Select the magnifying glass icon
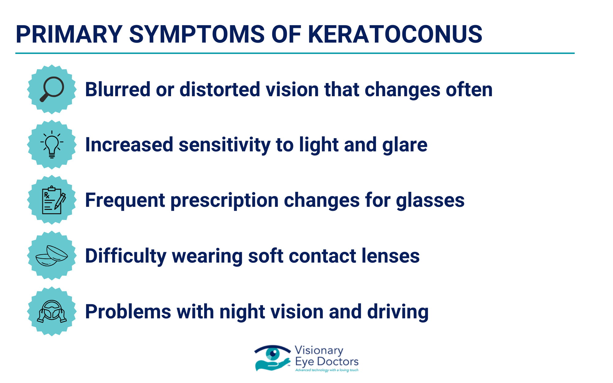tap(52, 89)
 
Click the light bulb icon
tap(52, 144)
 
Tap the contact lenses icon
tap(52, 256)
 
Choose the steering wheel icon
tap(52, 311)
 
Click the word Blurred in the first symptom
tap(118, 89)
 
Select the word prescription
tap(224, 201)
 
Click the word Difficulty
tap(126, 256)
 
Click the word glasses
tap(430, 201)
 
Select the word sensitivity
tap(224, 145)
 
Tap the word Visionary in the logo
tap(319, 351)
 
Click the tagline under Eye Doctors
tap(327, 370)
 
